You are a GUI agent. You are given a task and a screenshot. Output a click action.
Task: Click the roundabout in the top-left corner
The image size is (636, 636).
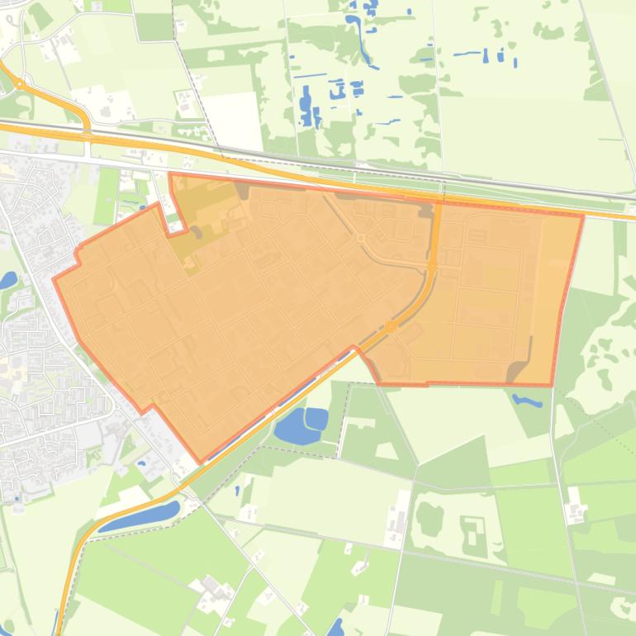pyautogui.click(x=19, y=83)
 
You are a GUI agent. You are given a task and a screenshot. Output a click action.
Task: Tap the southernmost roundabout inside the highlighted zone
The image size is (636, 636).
pyautogui.click(x=391, y=328)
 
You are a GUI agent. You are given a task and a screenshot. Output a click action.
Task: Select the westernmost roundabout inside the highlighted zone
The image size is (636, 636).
pyautogui.click(x=361, y=239)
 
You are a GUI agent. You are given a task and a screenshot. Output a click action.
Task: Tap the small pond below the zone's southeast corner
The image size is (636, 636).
pyautogui.click(x=526, y=401)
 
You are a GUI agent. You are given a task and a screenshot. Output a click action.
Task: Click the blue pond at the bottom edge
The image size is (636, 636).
pyautogui.click(x=335, y=629)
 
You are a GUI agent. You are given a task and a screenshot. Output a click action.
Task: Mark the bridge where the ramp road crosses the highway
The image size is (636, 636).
pyautogui.click(x=87, y=132)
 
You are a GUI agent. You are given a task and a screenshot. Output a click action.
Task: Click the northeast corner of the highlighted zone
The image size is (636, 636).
pyautogui.click(x=583, y=216)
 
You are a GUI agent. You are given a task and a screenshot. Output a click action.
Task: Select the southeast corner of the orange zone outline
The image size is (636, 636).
pyautogui.click(x=552, y=386)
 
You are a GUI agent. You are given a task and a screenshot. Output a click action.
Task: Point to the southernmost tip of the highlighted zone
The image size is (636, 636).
pyautogui.click(x=199, y=462)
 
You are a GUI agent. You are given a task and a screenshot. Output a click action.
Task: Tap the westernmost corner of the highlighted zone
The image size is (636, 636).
pyautogui.click(x=55, y=279)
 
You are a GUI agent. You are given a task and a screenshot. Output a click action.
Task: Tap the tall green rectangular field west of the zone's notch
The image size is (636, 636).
pyautogui.click(x=107, y=196)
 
